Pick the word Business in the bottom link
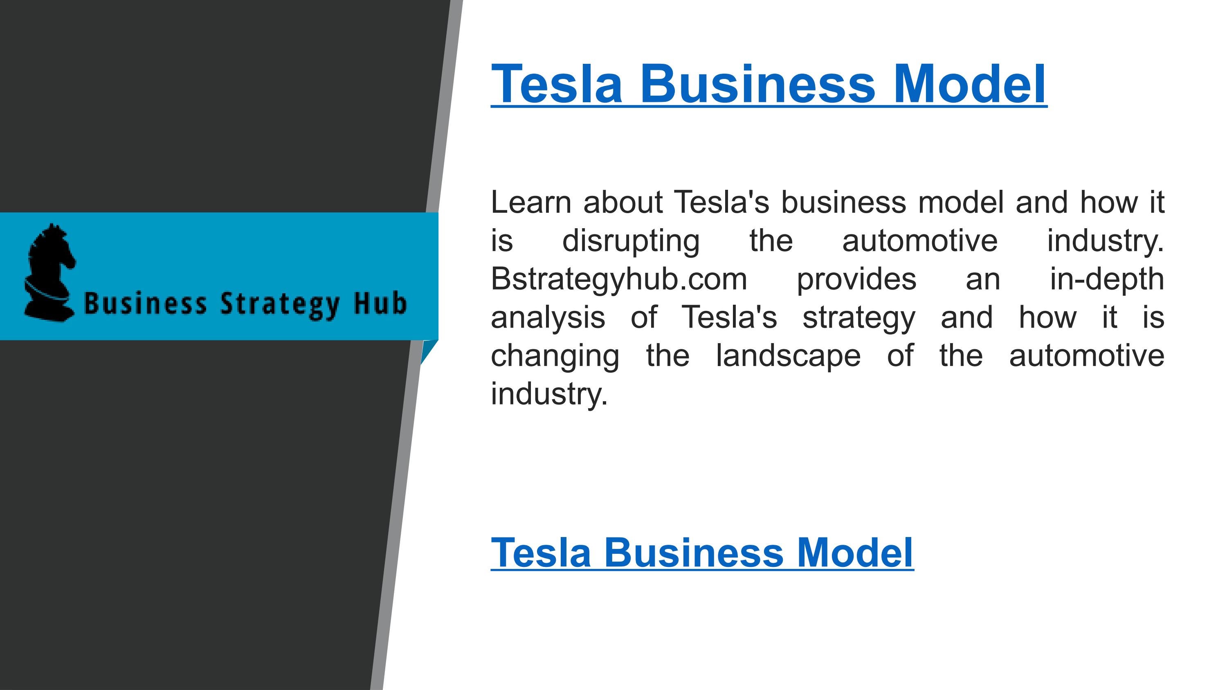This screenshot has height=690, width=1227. pos(694,553)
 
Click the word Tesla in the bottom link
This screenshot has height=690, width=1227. pos(541,553)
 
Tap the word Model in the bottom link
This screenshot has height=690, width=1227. pos(855,553)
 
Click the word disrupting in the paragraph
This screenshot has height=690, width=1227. pos(631,241)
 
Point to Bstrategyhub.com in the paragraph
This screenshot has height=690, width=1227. pos(619,279)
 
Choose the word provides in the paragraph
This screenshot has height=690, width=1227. pos(856,279)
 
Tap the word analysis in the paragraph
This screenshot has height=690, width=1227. pos(548,318)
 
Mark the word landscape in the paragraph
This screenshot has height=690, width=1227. pos(788,356)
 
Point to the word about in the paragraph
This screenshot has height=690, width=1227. pos(622,202)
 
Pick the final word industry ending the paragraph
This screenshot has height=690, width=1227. pos(549,395)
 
